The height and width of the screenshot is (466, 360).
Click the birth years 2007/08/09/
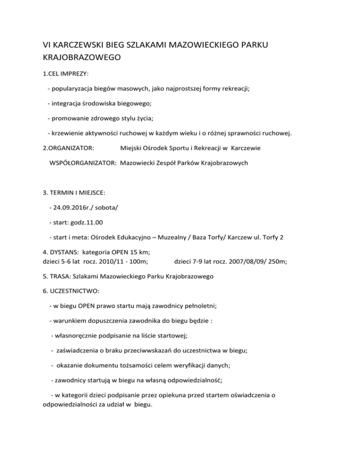[x=240, y=261]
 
